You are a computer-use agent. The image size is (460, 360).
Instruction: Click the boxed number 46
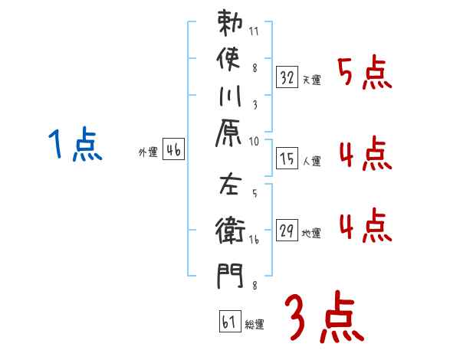point(174,150)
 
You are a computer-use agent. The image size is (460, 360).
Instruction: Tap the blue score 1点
point(74,145)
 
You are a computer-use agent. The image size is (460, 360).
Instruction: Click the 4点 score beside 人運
point(365,155)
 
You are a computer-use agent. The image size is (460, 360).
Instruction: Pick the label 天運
point(311,80)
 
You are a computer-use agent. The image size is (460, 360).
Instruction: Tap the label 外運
point(148,153)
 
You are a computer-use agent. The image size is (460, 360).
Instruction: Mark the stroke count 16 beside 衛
point(255,241)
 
